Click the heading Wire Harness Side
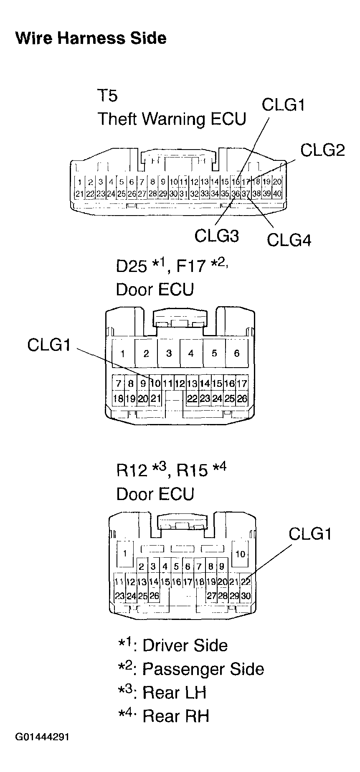tap(91, 38)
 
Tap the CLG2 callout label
tap(322, 150)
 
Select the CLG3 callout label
tap(216, 236)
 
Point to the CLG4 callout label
tap(289, 240)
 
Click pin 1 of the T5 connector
tap(79, 182)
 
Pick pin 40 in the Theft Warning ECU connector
tap(277, 193)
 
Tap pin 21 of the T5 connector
tap(79, 193)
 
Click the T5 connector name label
tap(108, 96)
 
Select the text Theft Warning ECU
tap(172, 119)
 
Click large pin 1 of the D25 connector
tap(123, 353)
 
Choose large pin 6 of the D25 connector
tap(236, 353)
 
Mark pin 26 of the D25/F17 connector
tap(242, 399)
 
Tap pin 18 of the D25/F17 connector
tap(118, 399)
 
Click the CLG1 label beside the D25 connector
tap(49, 345)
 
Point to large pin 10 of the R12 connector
tap(241, 554)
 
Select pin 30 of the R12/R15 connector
tap(246, 596)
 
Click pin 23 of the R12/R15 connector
tap(119, 596)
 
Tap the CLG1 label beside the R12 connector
tap(310, 533)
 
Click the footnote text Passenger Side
tap(203, 669)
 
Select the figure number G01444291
tap(42, 748)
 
